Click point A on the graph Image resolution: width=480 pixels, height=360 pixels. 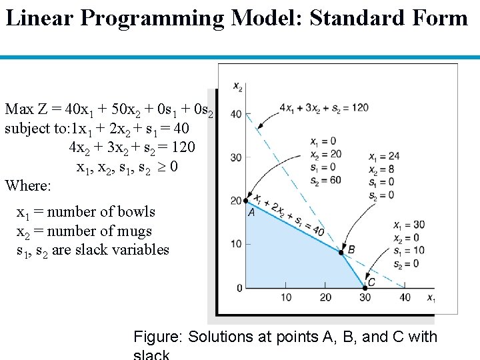[246, 201]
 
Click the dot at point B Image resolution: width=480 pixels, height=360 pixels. [342, 252]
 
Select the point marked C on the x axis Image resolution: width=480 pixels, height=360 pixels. [365, 287]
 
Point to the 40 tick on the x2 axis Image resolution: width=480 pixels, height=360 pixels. [236, 114]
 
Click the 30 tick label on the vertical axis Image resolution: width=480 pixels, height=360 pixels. [236, 157]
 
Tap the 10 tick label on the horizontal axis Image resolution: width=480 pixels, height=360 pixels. [286, 297]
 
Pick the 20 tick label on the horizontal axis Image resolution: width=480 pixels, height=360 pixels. [326, 297]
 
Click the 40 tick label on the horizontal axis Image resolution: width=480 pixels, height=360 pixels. [405, 297]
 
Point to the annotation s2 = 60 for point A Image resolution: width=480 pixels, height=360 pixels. [323, 179]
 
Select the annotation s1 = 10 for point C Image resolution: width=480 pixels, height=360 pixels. [406, 251]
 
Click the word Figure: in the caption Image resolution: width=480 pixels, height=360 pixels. [159, 337]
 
